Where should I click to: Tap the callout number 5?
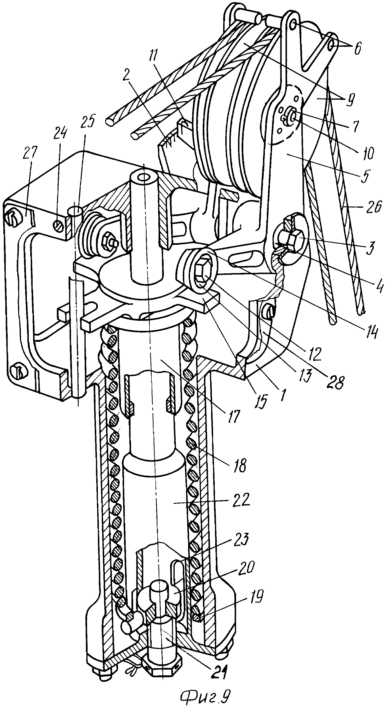point(364,174)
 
